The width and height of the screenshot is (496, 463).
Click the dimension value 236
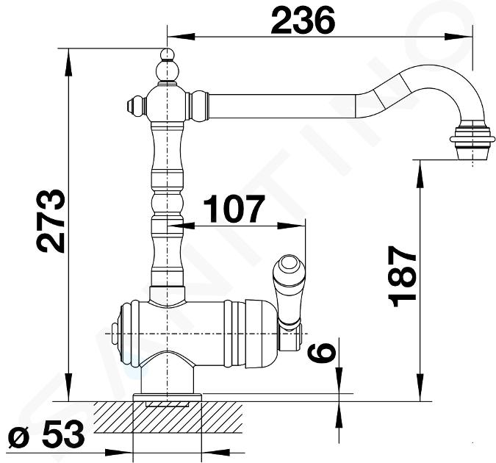[x=303, y=21]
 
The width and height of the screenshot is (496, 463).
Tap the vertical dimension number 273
[x=51, y=221]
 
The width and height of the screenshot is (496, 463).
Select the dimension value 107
[x=234, y=209]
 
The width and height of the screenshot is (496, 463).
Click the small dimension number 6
[x=322, y=353]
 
